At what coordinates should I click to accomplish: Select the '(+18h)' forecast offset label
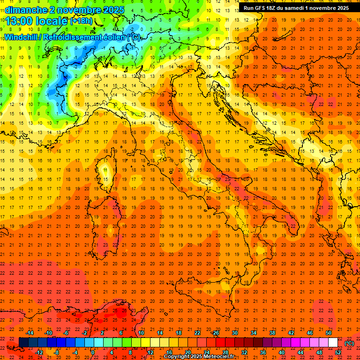81,21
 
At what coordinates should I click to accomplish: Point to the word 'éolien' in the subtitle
114,37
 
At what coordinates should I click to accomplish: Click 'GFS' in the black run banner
262,8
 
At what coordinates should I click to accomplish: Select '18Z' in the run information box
275,8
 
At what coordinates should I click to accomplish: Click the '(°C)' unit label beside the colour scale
349,343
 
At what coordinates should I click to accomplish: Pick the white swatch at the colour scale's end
333,343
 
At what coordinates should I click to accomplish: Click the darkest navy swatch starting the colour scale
23,343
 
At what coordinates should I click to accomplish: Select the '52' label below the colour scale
338,352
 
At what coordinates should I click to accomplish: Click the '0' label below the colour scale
93,352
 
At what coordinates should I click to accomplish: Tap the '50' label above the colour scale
329,333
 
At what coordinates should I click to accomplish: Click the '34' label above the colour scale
253,333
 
